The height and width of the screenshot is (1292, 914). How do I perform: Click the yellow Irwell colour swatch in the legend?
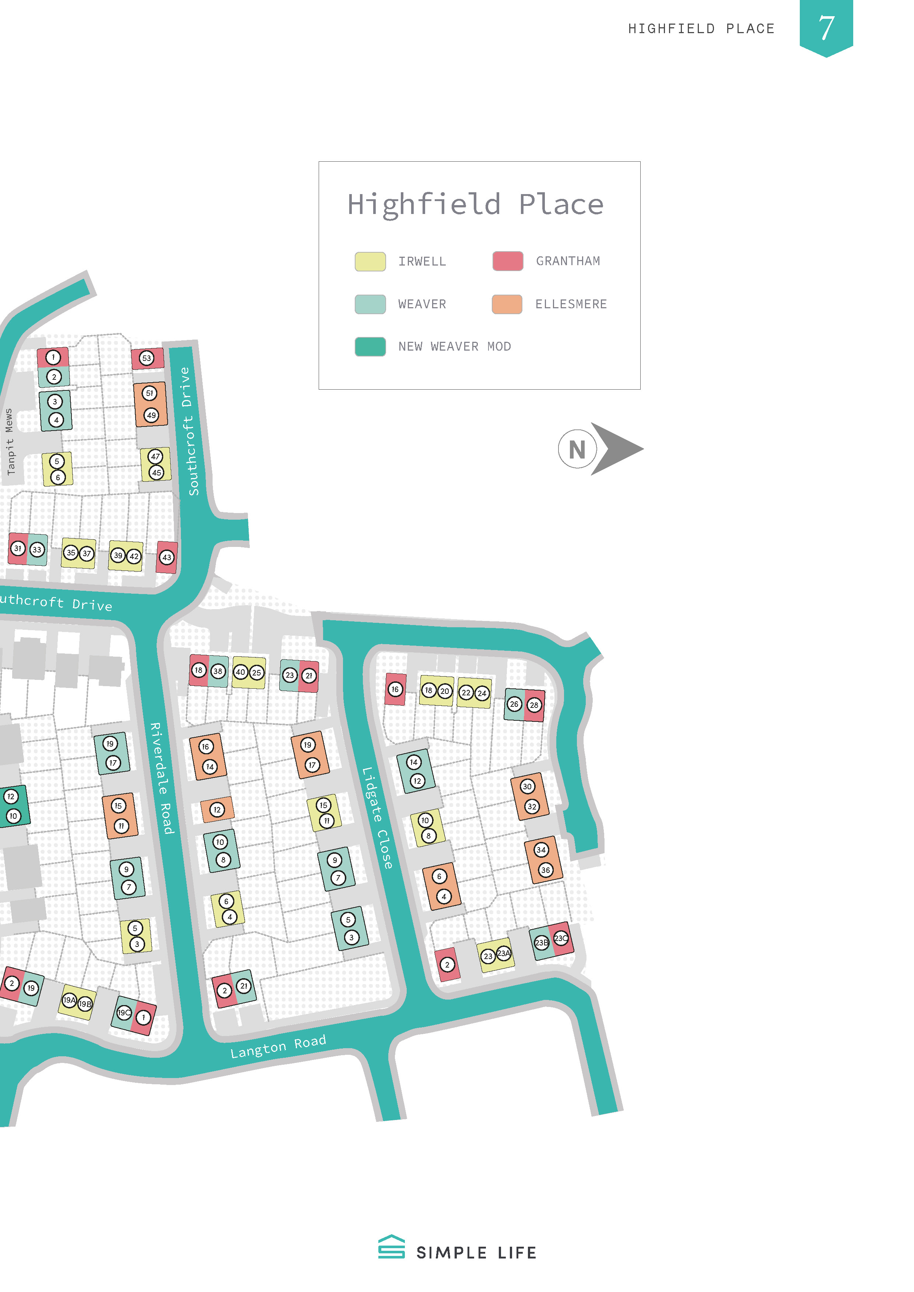pyautogui.click(x=370, y=261)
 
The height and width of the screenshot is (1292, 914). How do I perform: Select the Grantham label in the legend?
pyautogui.click(x=567, y=261)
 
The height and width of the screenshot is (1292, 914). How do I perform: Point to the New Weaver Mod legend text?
pyautogui.click(x=454, y=347)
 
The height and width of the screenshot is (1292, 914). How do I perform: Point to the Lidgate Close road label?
pyautogui.click(x=377, y=818)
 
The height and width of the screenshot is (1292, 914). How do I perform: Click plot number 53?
pyautogui.click(x=146, y=358)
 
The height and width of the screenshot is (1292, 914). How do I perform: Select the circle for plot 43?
pyautogui.click(x=167, y=557)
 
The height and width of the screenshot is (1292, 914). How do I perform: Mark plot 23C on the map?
pyautogui.click(x=561, y=938)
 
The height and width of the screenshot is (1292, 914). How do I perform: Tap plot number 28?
pyautogui.click(x=533, y=705)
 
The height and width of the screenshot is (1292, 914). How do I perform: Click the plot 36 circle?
pyautogui.click(x=545, y=870)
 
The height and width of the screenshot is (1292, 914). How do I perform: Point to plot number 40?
pyautogui.click(x=240, y=672)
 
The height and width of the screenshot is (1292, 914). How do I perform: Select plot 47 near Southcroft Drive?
pyautogui.click(x=155, y=456)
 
